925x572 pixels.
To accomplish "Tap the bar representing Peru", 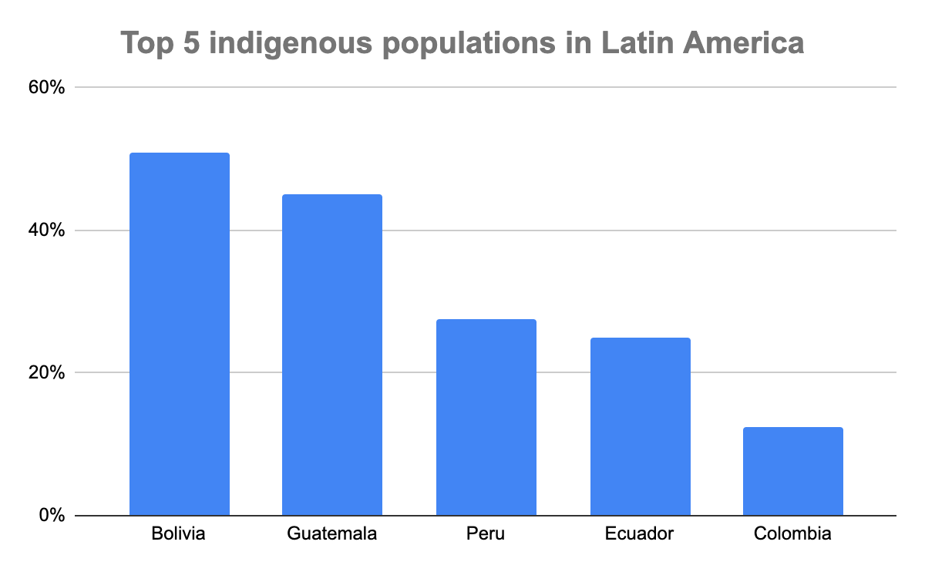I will [486, 417].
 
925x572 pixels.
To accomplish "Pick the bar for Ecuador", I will [640, 426].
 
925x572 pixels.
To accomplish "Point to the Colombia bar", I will [793, 471].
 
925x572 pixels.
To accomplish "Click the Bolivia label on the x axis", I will [179, 533].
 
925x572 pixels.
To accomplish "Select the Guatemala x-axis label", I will [332, 533].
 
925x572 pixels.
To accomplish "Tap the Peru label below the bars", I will [486, 533].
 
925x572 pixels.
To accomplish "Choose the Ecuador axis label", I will [640, 533].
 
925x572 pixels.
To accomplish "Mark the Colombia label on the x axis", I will [793, 533].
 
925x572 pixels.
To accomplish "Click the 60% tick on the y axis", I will [47, 88].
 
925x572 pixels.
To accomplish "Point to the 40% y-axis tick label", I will [47, 230].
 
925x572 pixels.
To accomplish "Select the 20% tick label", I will [47, 373].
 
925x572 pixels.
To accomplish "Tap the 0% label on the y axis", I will [52, 516].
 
